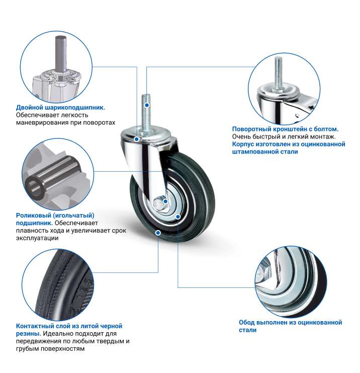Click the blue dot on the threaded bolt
[x=147, y=105]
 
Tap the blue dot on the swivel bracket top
[x=136, y=139]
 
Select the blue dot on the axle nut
[x=165, y=201]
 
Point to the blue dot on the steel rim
[x=178, y=216]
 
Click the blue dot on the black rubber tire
[x=158, y=233]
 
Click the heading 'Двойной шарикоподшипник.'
[x=60, y=108]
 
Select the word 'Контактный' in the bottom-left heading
[x=35, y=326]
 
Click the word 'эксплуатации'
[x=37, y=238]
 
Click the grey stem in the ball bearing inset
[x=60, y=53]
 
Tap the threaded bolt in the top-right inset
[x=279, y=73]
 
